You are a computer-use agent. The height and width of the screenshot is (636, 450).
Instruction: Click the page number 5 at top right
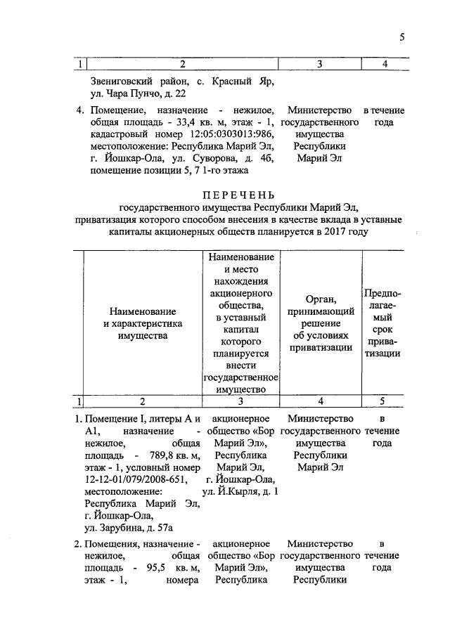pos(401,37)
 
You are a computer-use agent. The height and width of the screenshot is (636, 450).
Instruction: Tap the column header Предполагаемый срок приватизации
pos(382,323)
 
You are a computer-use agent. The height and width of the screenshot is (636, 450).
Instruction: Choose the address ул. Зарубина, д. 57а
pos(129,526)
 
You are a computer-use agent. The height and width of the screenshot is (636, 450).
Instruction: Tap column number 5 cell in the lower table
pos(382,401)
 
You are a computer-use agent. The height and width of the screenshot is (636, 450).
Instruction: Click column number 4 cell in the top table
pos(384,65)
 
